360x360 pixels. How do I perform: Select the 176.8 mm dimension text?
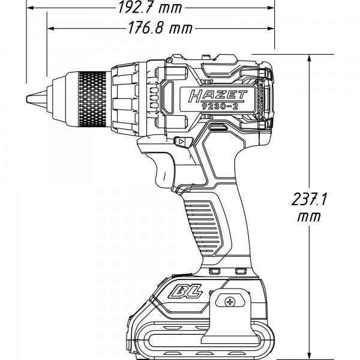[155, 28]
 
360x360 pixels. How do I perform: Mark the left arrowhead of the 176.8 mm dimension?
[52, 28]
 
